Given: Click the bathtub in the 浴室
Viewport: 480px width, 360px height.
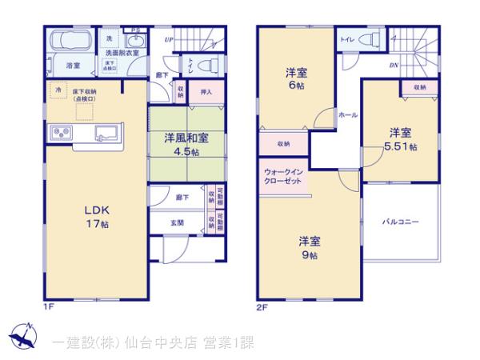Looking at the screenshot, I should (72, 41).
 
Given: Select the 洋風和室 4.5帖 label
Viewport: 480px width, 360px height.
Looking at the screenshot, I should (186, 143).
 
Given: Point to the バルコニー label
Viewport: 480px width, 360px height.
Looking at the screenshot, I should (400, 222).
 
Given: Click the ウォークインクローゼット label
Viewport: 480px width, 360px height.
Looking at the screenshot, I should (282, 177).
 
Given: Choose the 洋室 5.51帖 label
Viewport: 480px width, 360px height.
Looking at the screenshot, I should (401, 139).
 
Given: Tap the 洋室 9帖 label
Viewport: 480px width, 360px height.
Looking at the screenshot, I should (310, 247).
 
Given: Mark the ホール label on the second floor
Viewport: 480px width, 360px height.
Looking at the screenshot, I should (348, 116).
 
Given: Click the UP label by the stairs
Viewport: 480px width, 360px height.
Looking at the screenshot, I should (169, 38).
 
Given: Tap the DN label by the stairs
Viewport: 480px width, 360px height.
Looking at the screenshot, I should (394, 66).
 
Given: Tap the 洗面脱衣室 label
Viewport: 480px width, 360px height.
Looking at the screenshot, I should (122, 54).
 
